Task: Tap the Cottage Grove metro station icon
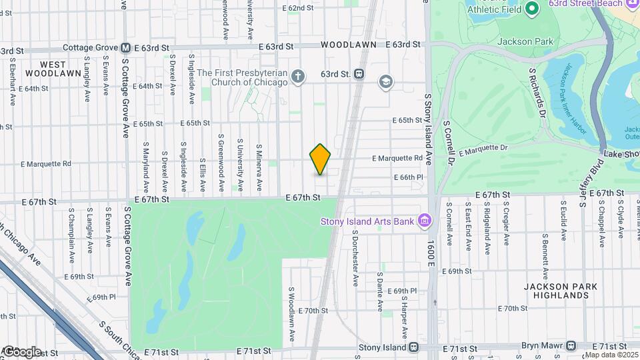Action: pyautogui.click(x=125, y=48)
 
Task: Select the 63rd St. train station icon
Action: pyautogui.click(x=359, y=74)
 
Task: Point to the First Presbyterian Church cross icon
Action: pyautogui.click(x=298, y=77)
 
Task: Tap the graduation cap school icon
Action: pyautogui.click(x=385, y=82)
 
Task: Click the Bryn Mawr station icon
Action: pyautogui.click(x=571, y=347)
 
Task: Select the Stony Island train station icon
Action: pyautogui.click(x=414, y=347)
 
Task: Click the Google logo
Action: pyautogui.click(x=21, y=351)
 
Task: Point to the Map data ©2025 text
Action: pyautogui.click(x=611, y=354)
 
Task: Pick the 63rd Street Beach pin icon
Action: pyautogui.click(x=531, y=9)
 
